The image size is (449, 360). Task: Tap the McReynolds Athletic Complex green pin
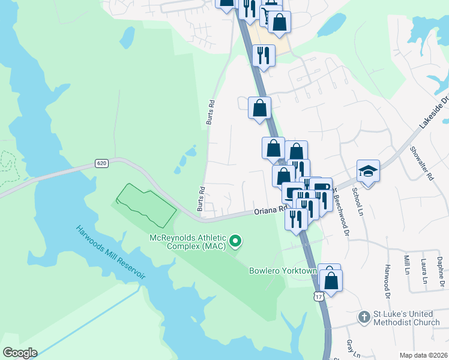[x=236, y=241]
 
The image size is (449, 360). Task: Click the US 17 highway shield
[x=318, y=296]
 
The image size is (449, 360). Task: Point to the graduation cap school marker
[x=368, y=171]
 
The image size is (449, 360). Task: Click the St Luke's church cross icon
[x=364, y=316]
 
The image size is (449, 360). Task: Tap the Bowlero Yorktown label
[x=283, y=271]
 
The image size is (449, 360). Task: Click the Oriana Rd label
[x=268, y=211]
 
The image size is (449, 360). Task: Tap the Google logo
[x=20, y=353]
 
